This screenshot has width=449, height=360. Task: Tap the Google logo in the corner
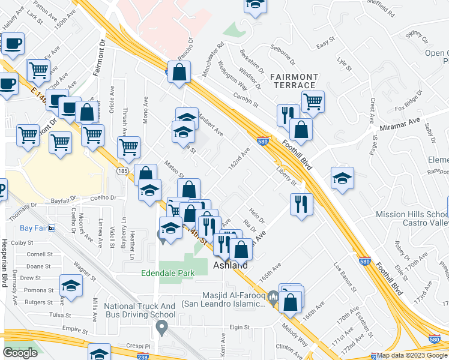pos(20,352)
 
